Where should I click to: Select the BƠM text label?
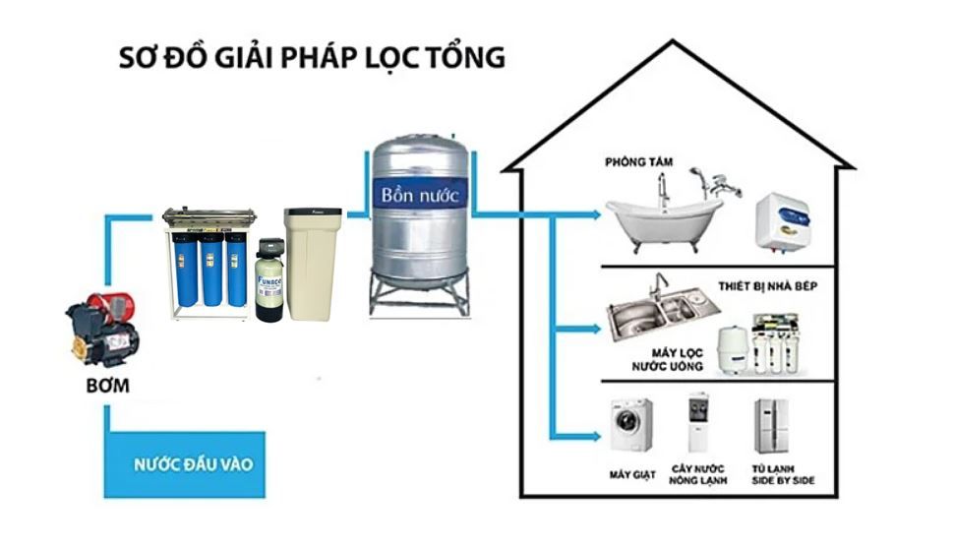click(106, 387)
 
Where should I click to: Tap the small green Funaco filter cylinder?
click(268, 286)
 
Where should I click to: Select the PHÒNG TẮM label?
click(637, 161)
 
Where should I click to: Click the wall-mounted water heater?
click(782, 220)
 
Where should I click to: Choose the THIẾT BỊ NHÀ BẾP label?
click(797, 287)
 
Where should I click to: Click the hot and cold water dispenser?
click(699, 424)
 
